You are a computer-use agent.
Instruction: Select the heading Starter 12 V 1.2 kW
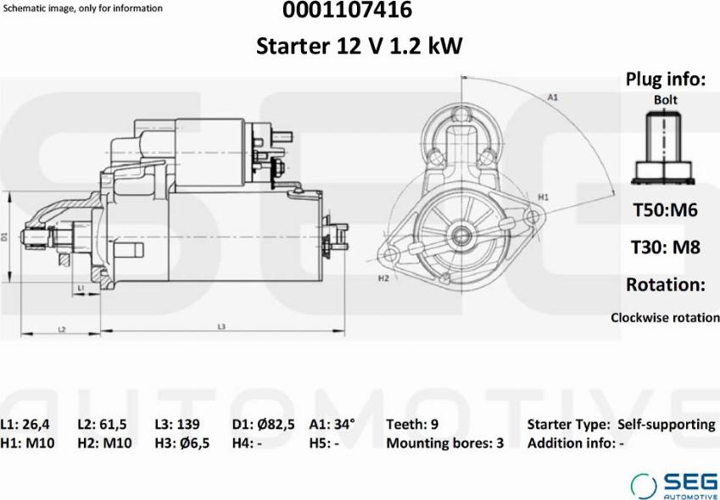[x=359, y=46]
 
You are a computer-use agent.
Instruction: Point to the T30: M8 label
[x=666, y=247]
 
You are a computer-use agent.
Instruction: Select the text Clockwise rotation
[x=665, y=318]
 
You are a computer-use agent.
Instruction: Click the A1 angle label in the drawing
[x=552, y=98]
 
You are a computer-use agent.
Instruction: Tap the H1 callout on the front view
[x=544, y=197]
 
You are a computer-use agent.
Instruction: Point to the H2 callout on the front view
[x=383, y=278]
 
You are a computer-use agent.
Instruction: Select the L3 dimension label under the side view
[x=221, y=327]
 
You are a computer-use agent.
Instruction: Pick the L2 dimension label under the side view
[x=62, y=329]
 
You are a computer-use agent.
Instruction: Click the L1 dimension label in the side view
[x=81, y=289]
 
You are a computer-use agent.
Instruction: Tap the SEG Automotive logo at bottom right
[x=673, y=484]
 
